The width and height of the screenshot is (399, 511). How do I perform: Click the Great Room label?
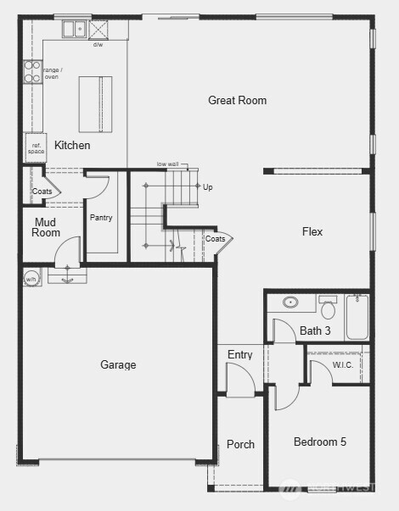(x=237, y=100)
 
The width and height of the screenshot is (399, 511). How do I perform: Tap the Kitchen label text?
(x=72, y=145)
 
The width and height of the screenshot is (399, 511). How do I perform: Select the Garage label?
(x=118, y=365)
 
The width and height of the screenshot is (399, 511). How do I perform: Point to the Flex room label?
(x=312, y=231)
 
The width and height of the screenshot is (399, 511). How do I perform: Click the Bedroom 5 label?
(x=319, y=442)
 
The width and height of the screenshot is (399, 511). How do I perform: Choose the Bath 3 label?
(x=315, y=330)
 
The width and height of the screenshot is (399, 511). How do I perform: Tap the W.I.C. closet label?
(x=343, y=365)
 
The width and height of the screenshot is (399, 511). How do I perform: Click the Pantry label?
(x=101, y=218)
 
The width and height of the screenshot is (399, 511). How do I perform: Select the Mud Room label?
(x=47, y=227)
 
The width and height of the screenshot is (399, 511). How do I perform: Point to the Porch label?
(x=240, y=444)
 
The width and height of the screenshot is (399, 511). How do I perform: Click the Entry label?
(x=239, y=355)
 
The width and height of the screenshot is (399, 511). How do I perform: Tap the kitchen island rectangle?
(x=95, y=103)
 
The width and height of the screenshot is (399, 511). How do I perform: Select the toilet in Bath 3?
(x=328, y=308)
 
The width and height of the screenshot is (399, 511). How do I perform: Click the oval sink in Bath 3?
(x=290, y=302)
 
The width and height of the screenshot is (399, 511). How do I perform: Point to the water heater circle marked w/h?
(x=31, y=277)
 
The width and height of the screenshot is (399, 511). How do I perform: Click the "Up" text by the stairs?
(x=207, y=186)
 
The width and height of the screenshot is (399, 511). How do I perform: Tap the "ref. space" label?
(x=37, y=147)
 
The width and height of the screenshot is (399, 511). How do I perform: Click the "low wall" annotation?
(x=167, y=164)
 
